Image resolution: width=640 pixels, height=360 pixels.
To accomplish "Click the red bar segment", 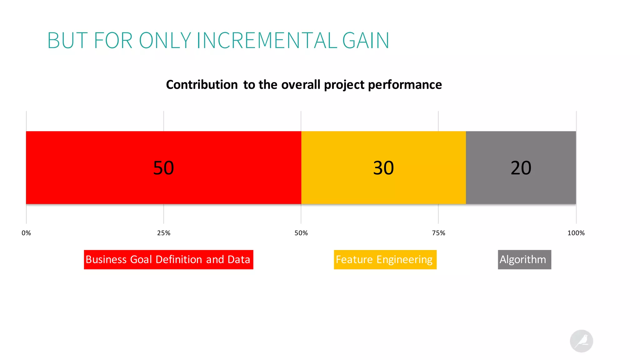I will pyautogui.click(x=94, y=167).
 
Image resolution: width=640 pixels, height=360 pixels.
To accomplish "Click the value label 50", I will pyautogui.click(x=163, y=168).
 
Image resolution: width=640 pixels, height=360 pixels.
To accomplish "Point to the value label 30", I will pyautogui.click(x=383, y=168).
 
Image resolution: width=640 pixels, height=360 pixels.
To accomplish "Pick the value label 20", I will pyautogui.click(x=521, y=168).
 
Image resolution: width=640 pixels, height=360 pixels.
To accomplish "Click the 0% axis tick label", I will pyautogui.click(x=26, y=233).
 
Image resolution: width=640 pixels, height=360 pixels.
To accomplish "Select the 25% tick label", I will pyautogui.click(x=164, y=233).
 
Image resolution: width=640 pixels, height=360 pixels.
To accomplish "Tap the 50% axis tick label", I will pyautogui.click(x=301, y=233).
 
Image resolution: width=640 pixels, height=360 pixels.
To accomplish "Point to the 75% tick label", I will pyautogui.click(x=438, y=233).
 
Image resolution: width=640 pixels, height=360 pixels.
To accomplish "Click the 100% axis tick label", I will pyautogui.click(x=576, y=233).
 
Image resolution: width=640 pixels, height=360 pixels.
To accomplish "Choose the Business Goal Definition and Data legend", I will pyautogui.click(x=168, y=260).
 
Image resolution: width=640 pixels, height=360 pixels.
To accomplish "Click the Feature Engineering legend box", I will pyautogui.click(x=385, y=260).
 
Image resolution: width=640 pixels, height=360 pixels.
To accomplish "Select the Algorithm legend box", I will pyautogui.click(x=524, y=260).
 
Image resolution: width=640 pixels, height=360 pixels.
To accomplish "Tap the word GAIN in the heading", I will pyautogui.click(x=366, y=41).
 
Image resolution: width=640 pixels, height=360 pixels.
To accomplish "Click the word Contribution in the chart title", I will pyautogui.click(x=202, y=85).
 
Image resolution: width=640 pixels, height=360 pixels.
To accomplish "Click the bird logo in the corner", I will pyautogui.click(x=581, y=341).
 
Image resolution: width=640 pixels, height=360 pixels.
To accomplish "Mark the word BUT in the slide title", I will pyautogui.click(x=67, y=41).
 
